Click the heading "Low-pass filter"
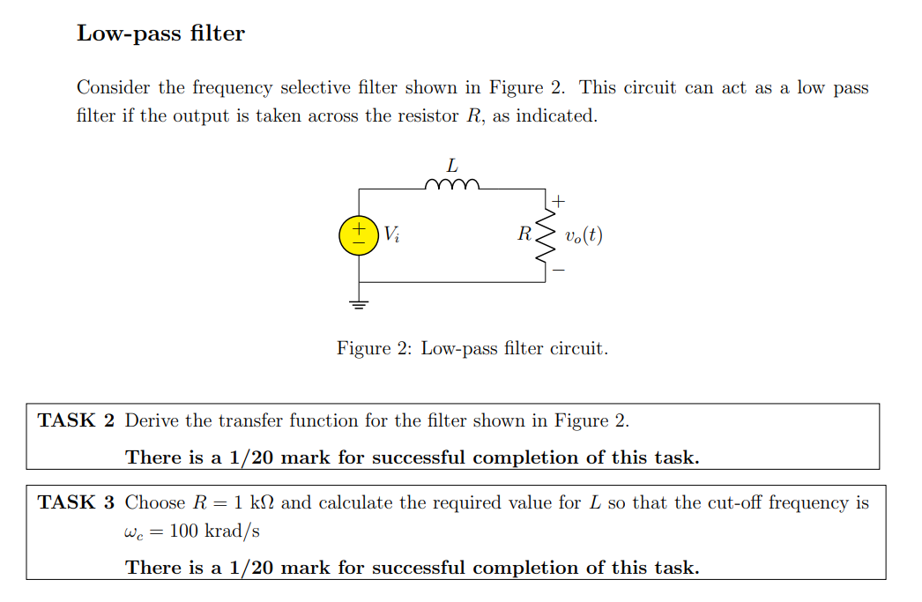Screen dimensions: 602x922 pyautogui.click(x=160, y=33)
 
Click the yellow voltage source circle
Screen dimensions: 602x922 pyautogui.click(x=359, y=234)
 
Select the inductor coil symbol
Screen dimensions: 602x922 pyautogui.click(x=452, y=185)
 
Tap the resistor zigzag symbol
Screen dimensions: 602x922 pyautogui.click(x=547, y=234)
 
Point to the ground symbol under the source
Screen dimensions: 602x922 pyautogui.click(x=359, y=305)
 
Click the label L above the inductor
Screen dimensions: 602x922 pyautogui.click(x=452, y=165)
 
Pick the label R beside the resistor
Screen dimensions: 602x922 pyautogui.click(x=524, y=234)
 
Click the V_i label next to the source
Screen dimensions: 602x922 pyautogui.click(x=391, y=234)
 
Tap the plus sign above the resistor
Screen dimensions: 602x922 pyautogui.click(x=559, y=201)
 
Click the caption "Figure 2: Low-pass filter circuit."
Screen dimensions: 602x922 pyautogui.click(x=472, y=348)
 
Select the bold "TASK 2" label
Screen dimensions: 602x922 pyautogui.click(x=77, y=420)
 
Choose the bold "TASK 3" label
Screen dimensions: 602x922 pyautogui.click(x=77, y=502)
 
